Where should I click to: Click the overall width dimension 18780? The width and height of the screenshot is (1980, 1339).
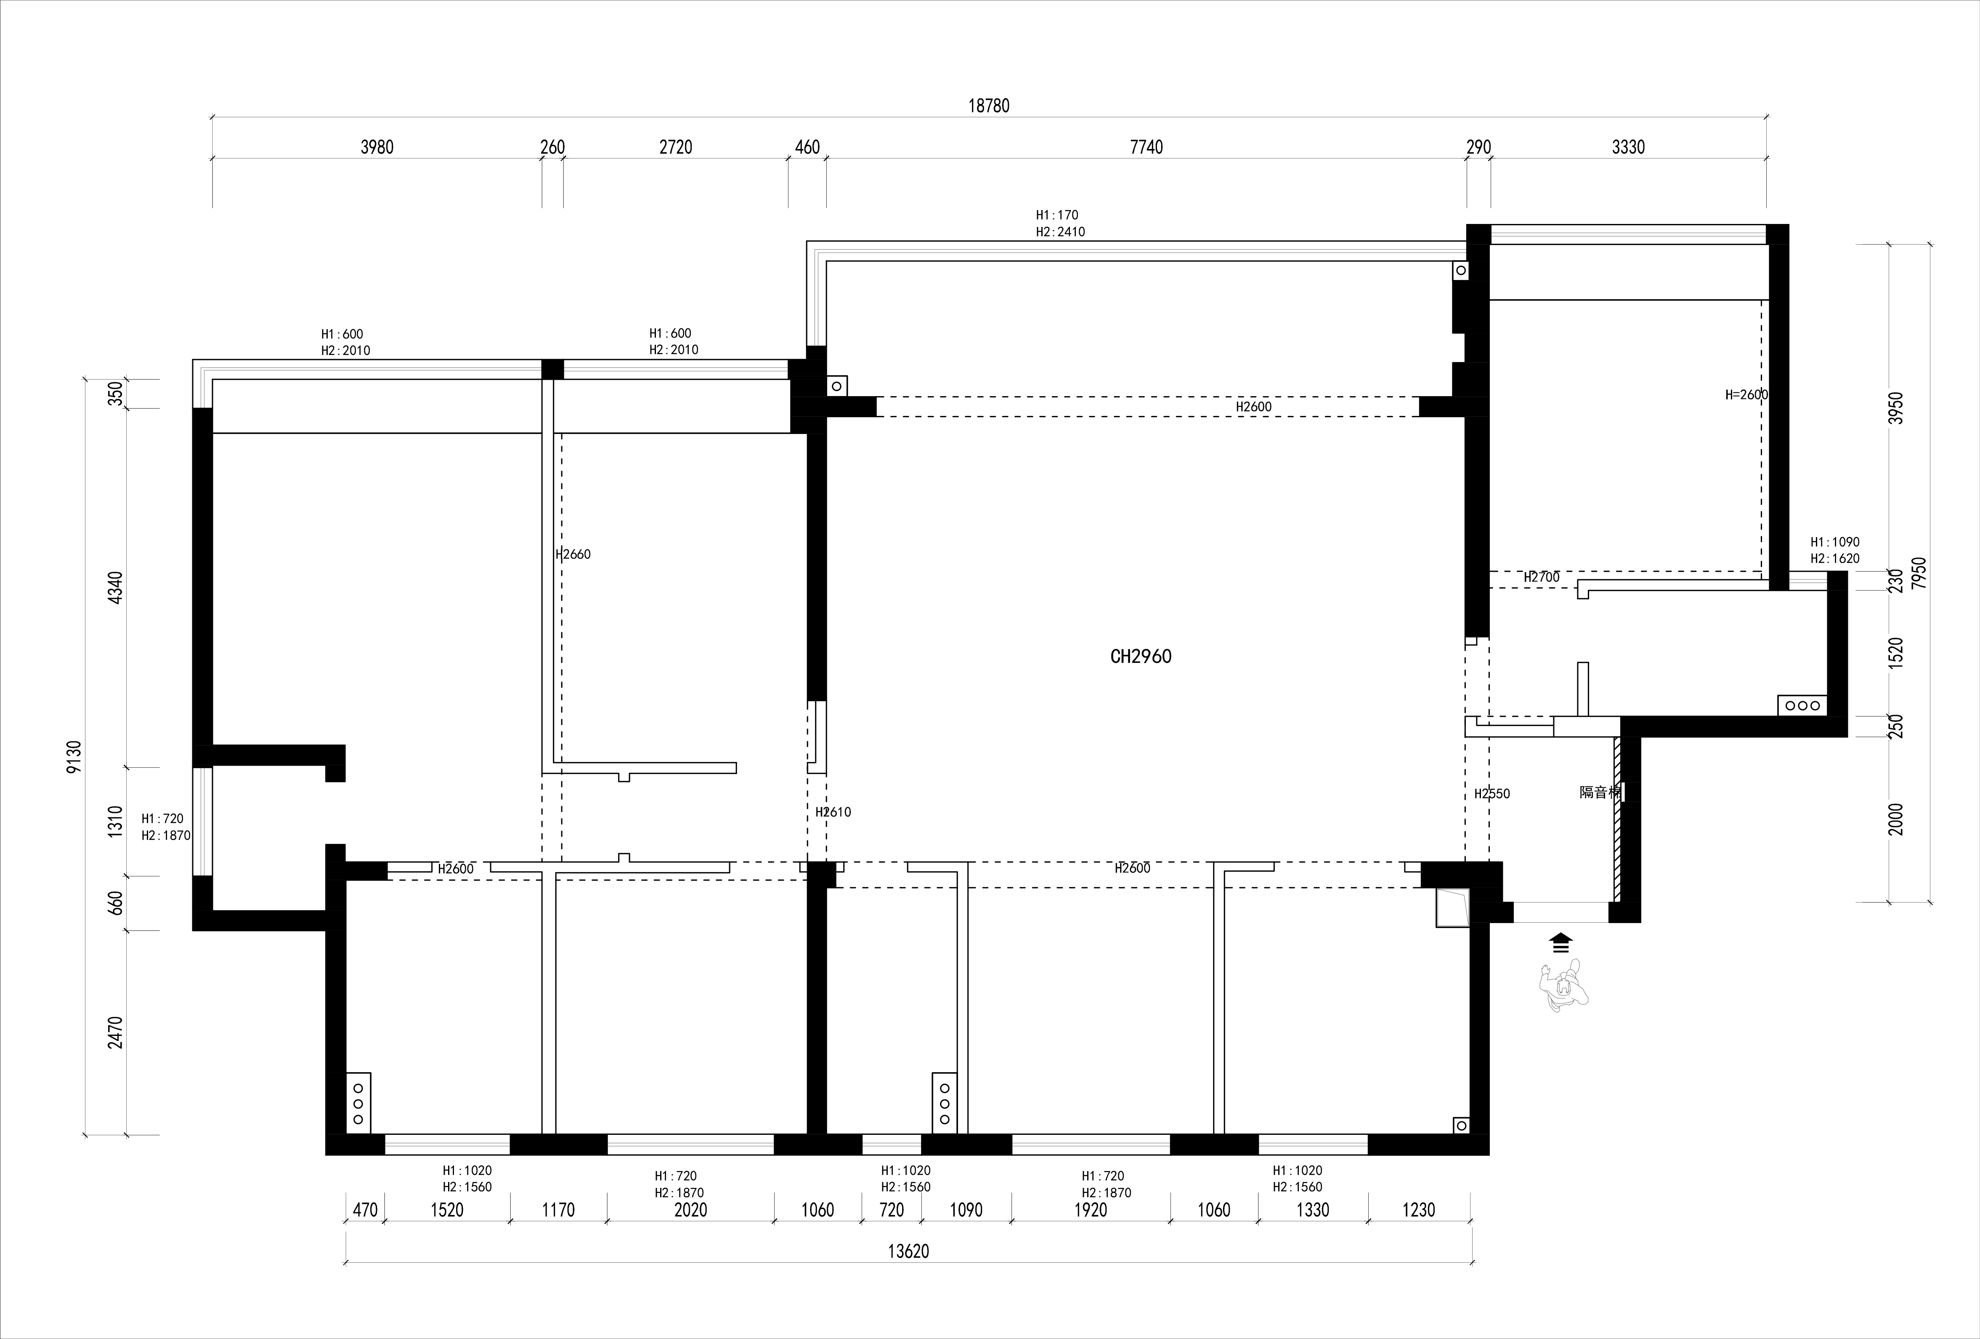point(988,106)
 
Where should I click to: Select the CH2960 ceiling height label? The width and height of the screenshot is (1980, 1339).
point(1141,656)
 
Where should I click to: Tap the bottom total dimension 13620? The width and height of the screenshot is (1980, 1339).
point(908,1251)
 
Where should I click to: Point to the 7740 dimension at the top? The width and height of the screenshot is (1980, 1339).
point(1146,147)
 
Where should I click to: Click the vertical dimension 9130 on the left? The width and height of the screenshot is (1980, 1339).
point(75,757)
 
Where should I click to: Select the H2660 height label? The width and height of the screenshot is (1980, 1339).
point(573,554)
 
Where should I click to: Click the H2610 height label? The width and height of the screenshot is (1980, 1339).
point(832,812)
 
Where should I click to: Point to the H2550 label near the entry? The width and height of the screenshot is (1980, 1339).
point(1492,793)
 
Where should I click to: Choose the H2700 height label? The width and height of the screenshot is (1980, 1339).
point(1541,577)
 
